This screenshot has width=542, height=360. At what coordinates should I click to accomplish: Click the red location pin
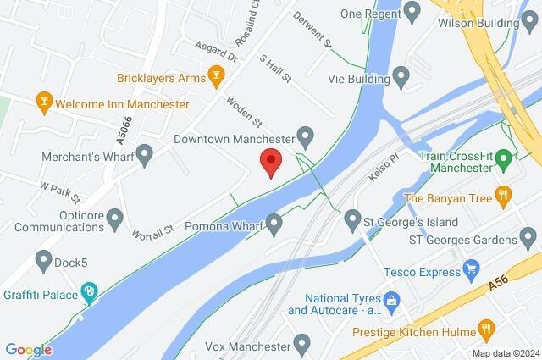tap(270, 161)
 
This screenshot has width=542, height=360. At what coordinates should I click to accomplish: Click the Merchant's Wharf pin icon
tap(145, 154)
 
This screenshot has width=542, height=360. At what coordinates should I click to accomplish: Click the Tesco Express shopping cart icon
tap(473, 271)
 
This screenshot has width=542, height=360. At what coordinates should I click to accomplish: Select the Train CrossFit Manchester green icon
tap(503, 158)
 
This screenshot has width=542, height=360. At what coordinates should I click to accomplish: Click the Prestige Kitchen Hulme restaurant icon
tap(485, 328)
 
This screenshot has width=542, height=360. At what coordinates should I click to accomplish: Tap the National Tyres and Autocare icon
tap(391, 300)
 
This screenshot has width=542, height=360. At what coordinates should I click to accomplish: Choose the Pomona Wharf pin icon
tap(274, 224)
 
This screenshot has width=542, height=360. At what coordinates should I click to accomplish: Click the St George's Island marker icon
tap(353, 222)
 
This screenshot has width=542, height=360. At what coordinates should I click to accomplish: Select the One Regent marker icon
tap(412, 13)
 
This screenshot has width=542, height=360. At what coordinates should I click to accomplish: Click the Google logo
tap(28, 350)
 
